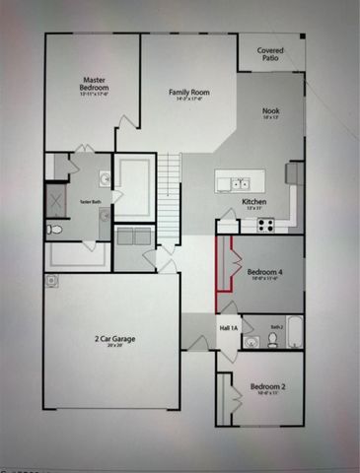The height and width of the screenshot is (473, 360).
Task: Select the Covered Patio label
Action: [x=271, y=53]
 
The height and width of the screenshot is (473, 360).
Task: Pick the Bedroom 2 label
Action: [x=267, y=385]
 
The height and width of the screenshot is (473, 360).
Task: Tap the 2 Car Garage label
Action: [x=115, y=340]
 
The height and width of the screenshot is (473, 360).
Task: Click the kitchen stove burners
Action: [x=265, y=224]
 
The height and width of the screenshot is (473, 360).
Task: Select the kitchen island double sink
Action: [x=240, y=182]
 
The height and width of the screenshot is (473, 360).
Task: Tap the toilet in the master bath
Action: [x=54, y=229]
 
